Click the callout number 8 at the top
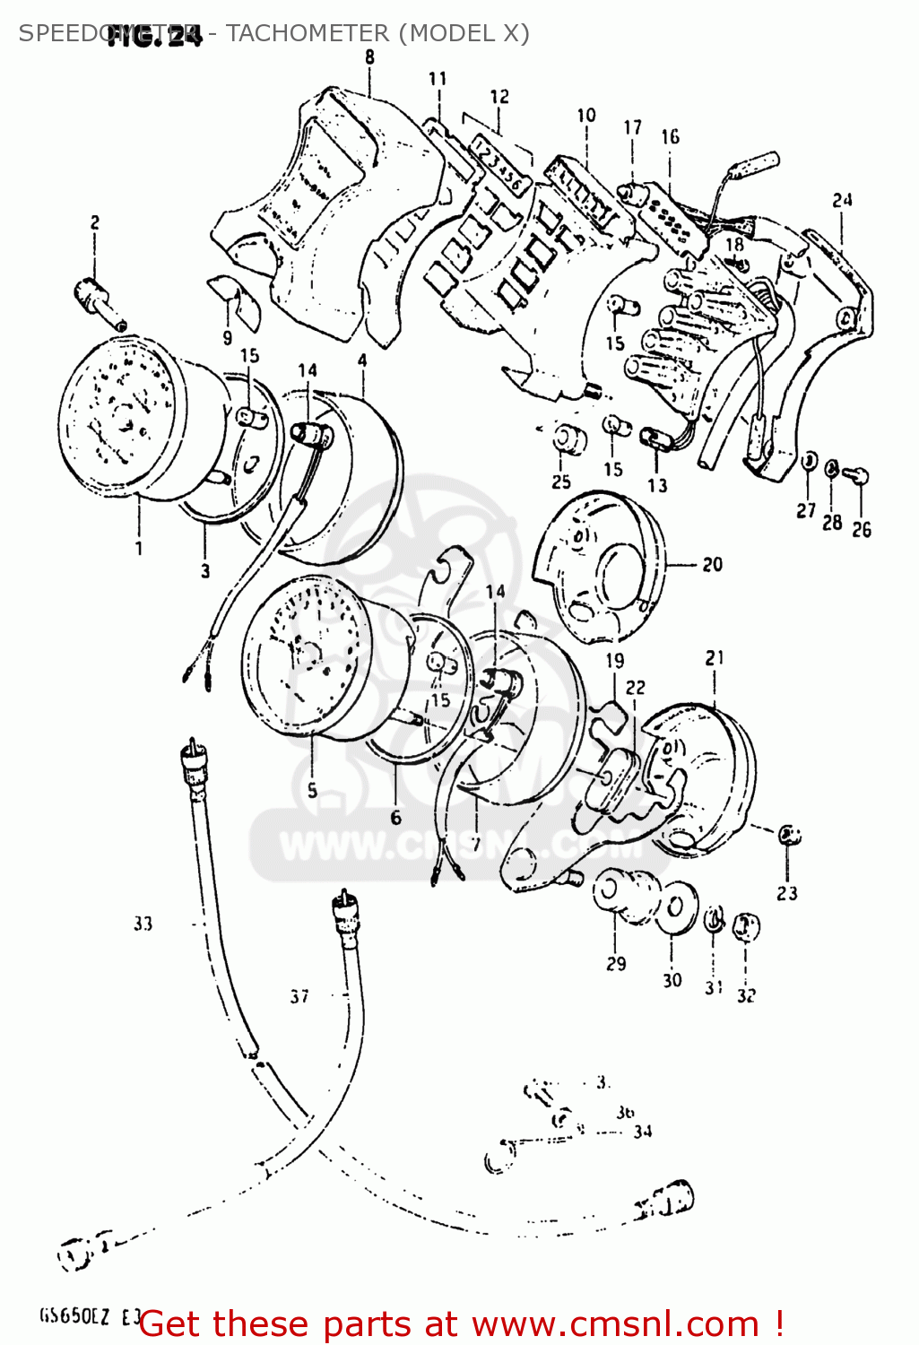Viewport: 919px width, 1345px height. pyautogui.click(x=369, y=57)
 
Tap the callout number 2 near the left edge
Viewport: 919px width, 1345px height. pyautogui.click(x=94, y=222)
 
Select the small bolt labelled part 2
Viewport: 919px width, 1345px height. pyautogui.click(x=98, y=299)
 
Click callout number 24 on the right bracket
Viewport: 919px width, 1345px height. pyautogui.click(x=842, y=200)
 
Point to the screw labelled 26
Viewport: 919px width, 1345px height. pyautogui.click(x=858, y=475)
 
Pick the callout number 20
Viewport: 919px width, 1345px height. pyautogui.click(x=712, y=565)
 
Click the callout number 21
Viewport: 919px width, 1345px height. pyautogui.click(x=715, y=658)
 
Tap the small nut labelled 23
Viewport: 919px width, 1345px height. pyautogui.click(x=789, y=835)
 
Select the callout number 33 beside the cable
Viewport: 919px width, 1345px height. pyautogui.click(x=143, y=924)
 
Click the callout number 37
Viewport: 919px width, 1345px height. pyautogui.click(x=299, y=996)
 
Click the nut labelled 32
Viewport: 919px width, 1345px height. pyautogui.click(x=746, y=926)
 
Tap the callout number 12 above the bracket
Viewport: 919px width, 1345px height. pyautogui.click(x=499, y=97)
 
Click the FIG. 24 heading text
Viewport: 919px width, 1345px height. pyautogui.click(x=154, y=37)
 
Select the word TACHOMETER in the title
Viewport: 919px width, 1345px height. pyautogui.click(x=308, y=33)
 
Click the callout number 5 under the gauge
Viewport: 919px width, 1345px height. pyautogui.click(x=312, y=790)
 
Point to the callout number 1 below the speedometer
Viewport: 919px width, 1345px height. pyautogui.click(x=139, y=548)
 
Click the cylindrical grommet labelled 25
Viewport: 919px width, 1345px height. pyautogui.click(x=568, y=440)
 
